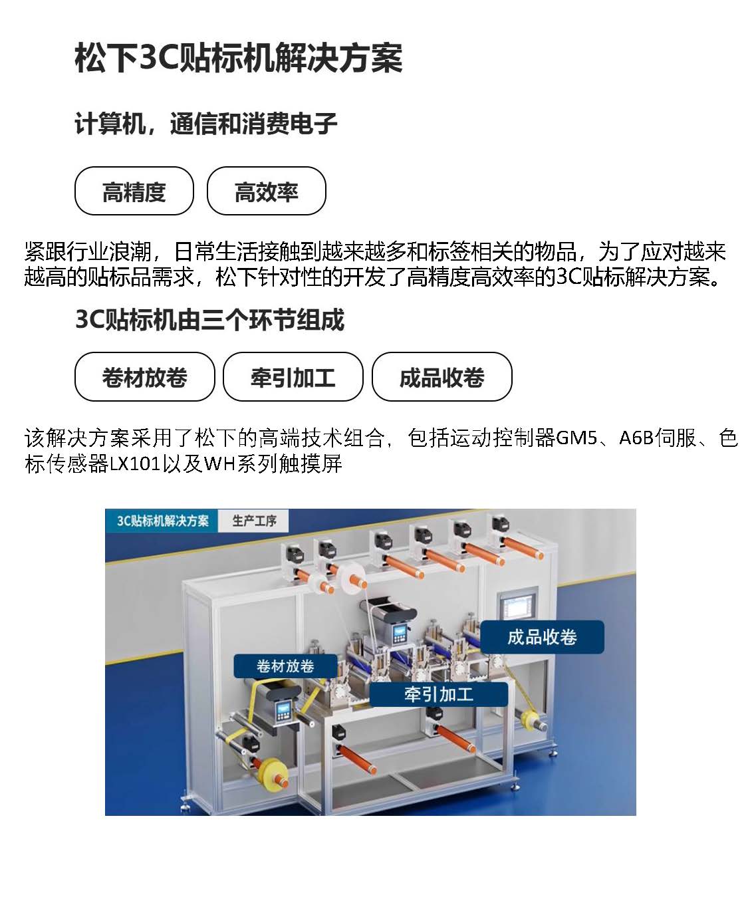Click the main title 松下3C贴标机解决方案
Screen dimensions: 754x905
[x=239, y=58]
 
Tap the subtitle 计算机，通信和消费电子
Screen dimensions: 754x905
[x=206, y=124]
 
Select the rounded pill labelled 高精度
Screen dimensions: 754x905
[x=134, y=191]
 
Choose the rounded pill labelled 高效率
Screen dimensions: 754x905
[x=266, y=191]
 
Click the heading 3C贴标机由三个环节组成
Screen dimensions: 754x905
[x=209, y=319]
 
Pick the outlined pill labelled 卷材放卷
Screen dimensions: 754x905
[x=145, y=376]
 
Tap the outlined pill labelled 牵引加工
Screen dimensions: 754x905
[x=293, y=376]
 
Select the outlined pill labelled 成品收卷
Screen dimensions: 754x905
[x=441, y=376]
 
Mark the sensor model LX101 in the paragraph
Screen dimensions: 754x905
[x=135, y=464]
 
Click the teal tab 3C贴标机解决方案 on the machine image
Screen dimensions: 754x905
[x=162, y=521]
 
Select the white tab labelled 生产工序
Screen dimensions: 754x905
[x=254, y=521]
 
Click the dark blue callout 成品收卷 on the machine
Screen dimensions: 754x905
[x=542, y=637]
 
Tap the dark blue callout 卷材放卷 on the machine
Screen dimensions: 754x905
[x=285, y=666]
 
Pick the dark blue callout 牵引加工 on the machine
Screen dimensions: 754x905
[x=438, y=694]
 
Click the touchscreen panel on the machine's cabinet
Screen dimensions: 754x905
[x=517, y=605]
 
